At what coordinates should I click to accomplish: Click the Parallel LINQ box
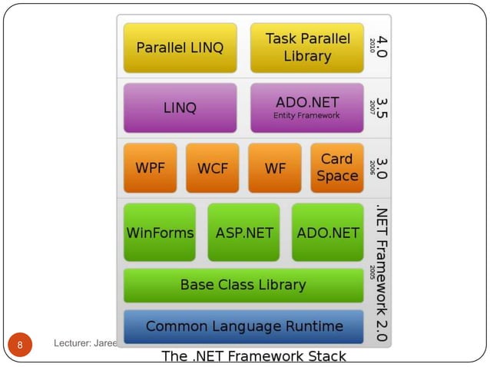coord(180,48)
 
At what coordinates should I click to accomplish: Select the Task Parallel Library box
coord(306,48)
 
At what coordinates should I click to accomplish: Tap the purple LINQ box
coord(180,108)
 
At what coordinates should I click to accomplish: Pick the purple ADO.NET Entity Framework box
coord(306,108)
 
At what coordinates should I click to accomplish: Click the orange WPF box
coord(150,167)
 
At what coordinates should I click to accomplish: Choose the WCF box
coord(212,167)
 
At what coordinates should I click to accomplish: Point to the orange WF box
coord(274,167)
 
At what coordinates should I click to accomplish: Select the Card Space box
coord(336,167)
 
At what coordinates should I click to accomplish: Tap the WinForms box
coord(159,232)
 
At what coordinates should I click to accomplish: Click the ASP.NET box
coord(243,232)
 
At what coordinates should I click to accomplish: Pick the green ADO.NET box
coord(327,232)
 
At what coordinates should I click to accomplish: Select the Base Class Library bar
coord(243,285)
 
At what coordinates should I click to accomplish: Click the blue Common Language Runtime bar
coord(243,326)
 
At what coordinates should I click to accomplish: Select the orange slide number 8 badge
coord(21,344)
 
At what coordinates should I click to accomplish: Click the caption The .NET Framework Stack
coord(253,356)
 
